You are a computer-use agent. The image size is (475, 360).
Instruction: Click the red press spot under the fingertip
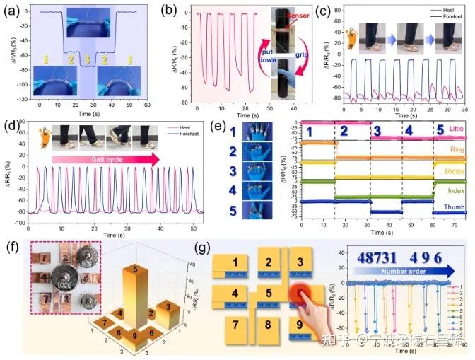[x=300, y=292]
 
